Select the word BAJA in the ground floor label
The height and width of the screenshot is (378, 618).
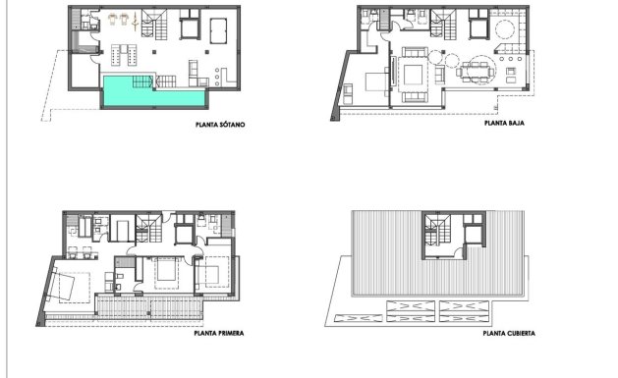click(513, 125)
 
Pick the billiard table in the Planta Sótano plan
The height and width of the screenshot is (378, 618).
click(125, 52)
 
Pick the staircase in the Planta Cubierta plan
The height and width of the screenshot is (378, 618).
click(437, 232)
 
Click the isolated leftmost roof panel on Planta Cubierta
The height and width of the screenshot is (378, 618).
click(359, 317)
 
